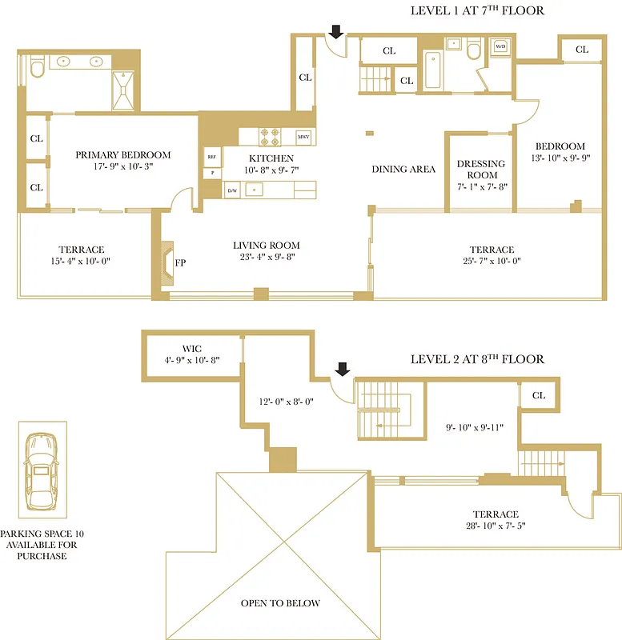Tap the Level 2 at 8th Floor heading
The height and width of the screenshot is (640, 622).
pyautogui.click(x=477, y=359)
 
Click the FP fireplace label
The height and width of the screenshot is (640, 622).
pyautogui.click(x=181, y=262)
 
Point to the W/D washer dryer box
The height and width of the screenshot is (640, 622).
pyautogui.click(x=500, y=47)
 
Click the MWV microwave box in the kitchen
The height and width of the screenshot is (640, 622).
pyautogui.click(x=303, y=137)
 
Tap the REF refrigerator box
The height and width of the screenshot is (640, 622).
pyautogui.click(x=212, y=157)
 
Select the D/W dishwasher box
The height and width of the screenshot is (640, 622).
pyautogui.click(x=232, y=190)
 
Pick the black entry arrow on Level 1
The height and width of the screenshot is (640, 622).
pyautogui.click(x=336, y=31)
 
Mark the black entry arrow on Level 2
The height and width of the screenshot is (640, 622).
pyautogui.click(x=342, y=368)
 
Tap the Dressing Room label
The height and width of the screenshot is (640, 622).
pyautogui.click(x=481, y=169)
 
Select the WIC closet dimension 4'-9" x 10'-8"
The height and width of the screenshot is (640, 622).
pyautogui.click(x=191, y=361)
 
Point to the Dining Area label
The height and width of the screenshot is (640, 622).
pyautogui.click(x=403, y=169)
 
